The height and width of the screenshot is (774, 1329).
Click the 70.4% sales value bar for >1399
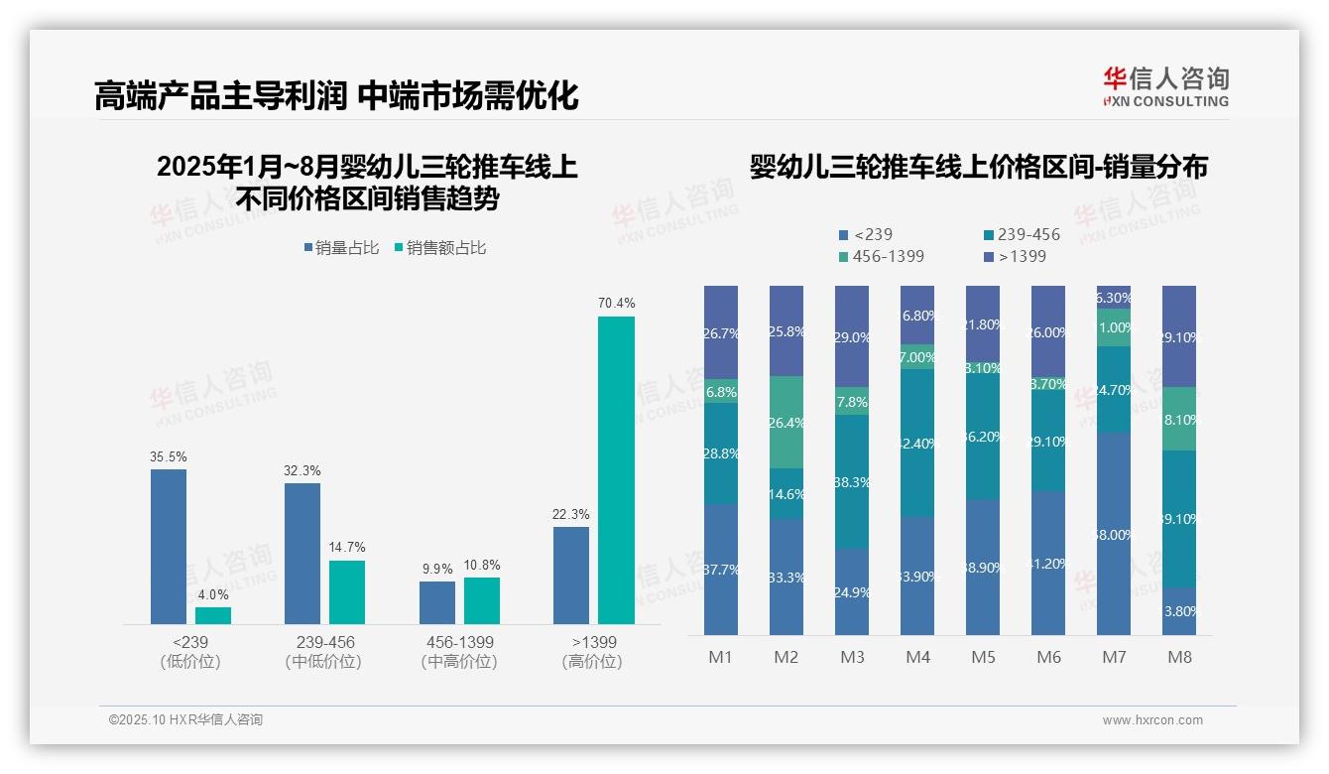[x=616, y=470]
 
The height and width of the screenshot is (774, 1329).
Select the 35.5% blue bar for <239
[x=169, y=547]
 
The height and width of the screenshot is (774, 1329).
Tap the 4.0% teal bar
[x=213, y=615]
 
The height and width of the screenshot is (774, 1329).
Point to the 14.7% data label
[x=347, y=547]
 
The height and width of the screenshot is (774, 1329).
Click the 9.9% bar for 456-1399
[x=437, y=602]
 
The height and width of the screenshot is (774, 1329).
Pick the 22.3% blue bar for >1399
[x=571, y=576]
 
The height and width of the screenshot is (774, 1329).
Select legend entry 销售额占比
[x=440, y=248]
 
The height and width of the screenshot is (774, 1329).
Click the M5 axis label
[x=984, y=657]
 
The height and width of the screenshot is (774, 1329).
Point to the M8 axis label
[x=1179, y=657]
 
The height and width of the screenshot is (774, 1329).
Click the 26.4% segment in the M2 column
[x=786, y=423]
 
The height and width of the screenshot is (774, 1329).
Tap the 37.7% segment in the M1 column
[x=721, y=570]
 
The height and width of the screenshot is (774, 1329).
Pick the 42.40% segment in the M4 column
[x=917, y=443]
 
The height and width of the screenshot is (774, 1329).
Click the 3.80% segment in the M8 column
[x=1179, y=611]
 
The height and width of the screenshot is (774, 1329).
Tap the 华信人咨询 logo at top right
[x=1165, y=86]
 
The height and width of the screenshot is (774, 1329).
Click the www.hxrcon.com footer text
[x=1152, y=720]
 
